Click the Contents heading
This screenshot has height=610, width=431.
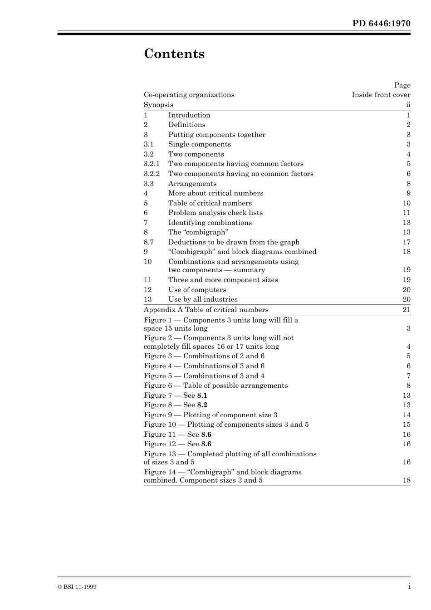(174, 54)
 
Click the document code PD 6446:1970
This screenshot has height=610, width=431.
(381, 24)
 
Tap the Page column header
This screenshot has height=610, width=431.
(402, 85)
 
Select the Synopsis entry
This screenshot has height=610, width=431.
(158, 105)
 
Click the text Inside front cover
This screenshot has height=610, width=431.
(381, 95)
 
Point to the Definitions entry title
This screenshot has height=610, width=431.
(186, 125)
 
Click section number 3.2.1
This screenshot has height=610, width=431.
(152, 164)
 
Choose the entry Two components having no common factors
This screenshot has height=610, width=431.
(240, 174)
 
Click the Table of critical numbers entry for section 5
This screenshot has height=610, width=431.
(210, 203)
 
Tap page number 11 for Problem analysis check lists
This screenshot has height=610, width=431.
(407, 213)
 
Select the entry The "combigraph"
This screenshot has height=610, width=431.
(198, 232)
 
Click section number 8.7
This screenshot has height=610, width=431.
(149, 242)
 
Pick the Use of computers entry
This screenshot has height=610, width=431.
(197, 290)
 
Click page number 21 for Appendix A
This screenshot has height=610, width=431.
(407, 310)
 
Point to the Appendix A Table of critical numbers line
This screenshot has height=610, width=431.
(206, 310)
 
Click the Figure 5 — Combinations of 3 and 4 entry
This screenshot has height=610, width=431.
(204, 376)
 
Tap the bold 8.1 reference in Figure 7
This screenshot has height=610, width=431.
(202, 395)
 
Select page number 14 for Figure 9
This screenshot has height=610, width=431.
(407, 415)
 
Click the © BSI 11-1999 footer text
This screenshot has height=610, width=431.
(77, 587)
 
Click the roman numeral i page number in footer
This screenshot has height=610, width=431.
(409, 586)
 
